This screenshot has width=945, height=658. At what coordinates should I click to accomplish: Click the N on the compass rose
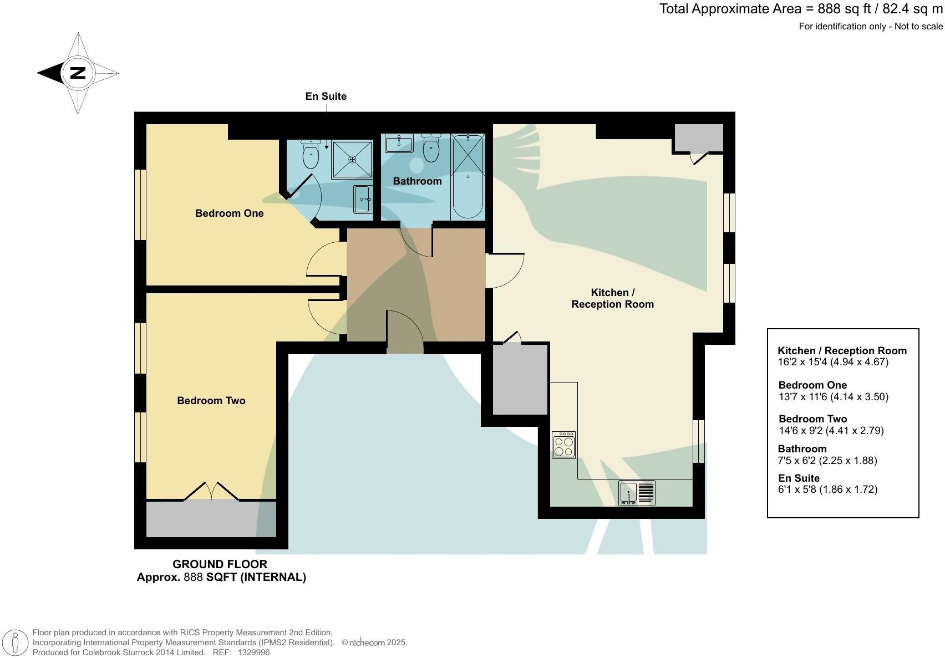(x=78, y=73)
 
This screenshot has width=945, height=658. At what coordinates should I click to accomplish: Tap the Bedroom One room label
(x=229, y=213)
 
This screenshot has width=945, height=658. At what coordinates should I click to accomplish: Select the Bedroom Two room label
(x=211, y=401)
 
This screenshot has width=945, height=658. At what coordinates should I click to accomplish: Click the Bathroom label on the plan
(x=417, y=181)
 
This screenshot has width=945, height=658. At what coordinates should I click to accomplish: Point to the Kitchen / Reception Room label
(x=612, y=298)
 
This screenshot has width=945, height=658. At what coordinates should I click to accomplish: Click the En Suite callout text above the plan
(x=326, y=96)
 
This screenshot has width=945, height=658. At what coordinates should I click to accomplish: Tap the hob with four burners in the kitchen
(x=563, y=445)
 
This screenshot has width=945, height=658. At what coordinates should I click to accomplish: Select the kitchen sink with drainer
(x=637, y=493)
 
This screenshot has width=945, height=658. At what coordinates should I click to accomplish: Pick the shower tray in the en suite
(x=352, y=159)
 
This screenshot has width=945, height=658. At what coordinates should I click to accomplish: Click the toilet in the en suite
(x=311, y=154)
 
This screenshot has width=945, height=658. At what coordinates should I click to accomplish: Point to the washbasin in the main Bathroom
(x=399, y=143)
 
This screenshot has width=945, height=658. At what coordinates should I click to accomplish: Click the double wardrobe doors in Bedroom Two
(x=211, y=492)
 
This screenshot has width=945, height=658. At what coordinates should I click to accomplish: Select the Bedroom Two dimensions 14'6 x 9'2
(x=831, y=431)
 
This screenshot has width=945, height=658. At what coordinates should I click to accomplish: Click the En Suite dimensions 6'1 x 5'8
(x=827, y=489)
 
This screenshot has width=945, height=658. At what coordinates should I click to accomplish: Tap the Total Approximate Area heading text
(x=800, y=9)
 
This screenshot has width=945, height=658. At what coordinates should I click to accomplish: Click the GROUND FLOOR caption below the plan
(x=220, y=564)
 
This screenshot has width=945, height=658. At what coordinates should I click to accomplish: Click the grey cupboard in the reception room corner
(x=698, y=137)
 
